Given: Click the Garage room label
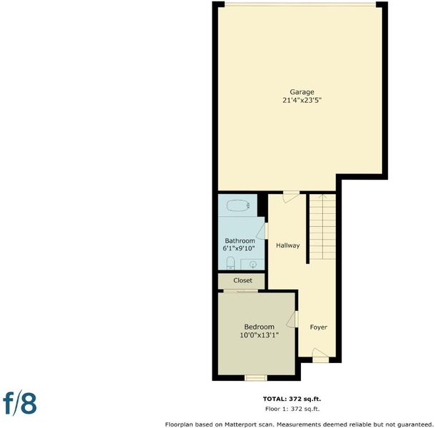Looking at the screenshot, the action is (302, 92).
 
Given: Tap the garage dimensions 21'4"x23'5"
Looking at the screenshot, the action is (302, 100).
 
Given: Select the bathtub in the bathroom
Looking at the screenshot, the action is (238, 205).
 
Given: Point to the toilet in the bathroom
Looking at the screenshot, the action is (230, 263).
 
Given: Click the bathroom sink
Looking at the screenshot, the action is (253, 265).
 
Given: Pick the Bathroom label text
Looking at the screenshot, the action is (240, 240).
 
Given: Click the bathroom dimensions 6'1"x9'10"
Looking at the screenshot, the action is (239, 248).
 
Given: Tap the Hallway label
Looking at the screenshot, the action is (287, 245).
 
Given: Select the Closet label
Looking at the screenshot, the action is (242, 280).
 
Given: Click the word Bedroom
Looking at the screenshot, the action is (259, 327).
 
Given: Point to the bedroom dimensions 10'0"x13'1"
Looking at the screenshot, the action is (259, 335).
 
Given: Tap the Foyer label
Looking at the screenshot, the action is (319, 327).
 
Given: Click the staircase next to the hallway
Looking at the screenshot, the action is (322, 227).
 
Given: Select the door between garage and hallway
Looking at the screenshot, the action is (291, 196).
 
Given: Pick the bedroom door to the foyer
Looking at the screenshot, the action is (292, 319).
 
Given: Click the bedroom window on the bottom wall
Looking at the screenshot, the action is (256, 378).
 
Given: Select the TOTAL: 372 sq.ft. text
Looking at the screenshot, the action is (292, 399).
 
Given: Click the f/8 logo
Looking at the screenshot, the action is (20, 402).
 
